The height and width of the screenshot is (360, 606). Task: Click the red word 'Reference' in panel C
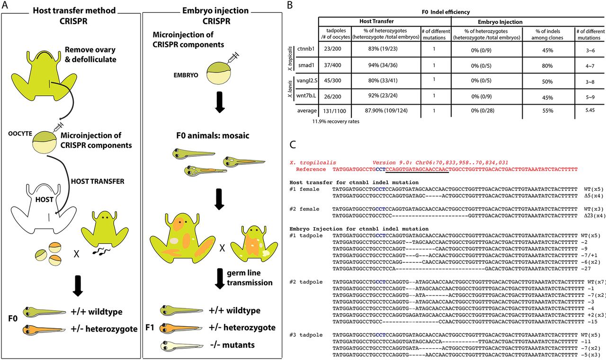tap(311, 169)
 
